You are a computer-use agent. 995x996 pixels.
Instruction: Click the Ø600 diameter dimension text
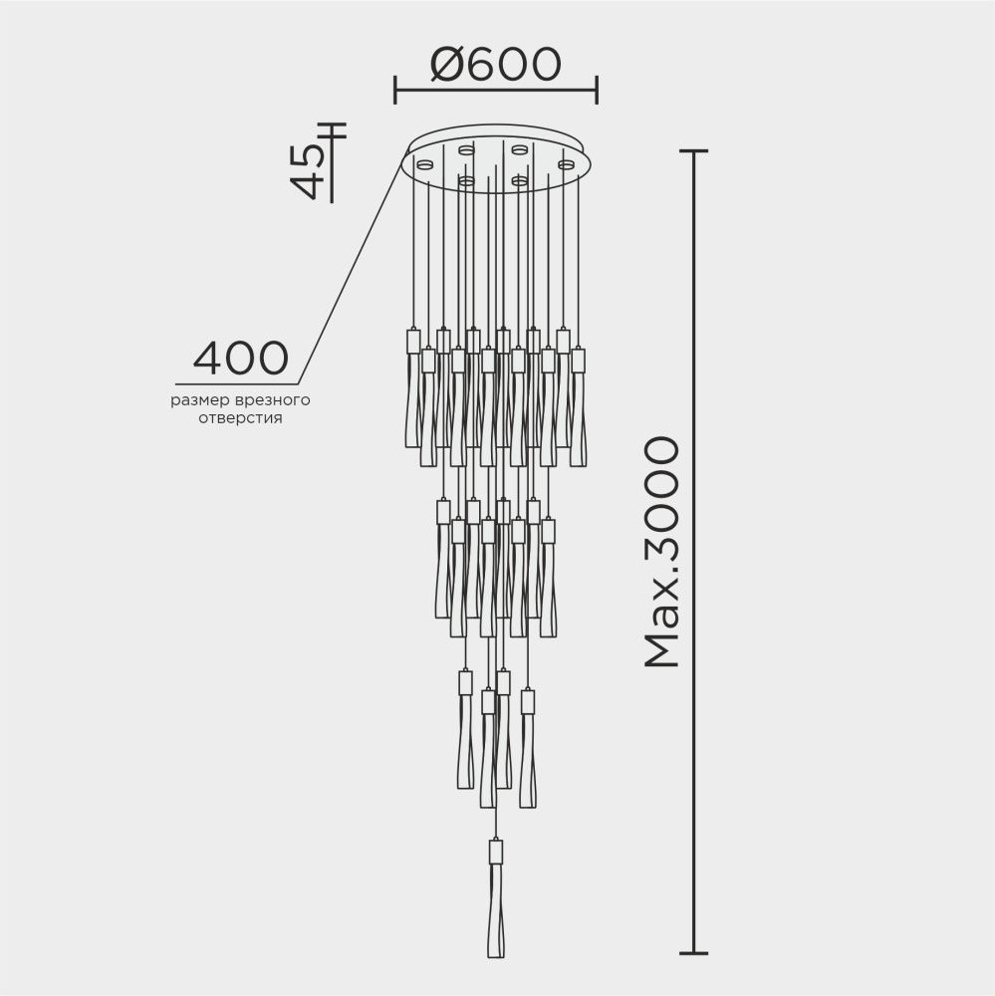click(496, 65)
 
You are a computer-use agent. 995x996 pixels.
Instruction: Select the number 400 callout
click(240, 358)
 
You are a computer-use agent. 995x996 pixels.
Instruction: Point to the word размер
click(199, 400)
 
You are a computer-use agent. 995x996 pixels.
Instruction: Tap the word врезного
click(271, 400)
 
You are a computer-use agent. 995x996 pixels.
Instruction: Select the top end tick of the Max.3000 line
click(693, 150)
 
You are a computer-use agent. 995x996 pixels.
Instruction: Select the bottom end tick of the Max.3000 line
click(693, 952)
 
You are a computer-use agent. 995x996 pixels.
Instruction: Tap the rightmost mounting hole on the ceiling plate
click(567, 163)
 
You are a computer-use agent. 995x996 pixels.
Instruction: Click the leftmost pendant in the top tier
click(413, 393)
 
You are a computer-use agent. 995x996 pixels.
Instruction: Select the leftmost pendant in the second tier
click(442, 563)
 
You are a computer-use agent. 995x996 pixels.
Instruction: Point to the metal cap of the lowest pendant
click(495, 853)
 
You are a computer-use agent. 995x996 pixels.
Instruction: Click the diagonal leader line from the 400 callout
click(349, 269)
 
